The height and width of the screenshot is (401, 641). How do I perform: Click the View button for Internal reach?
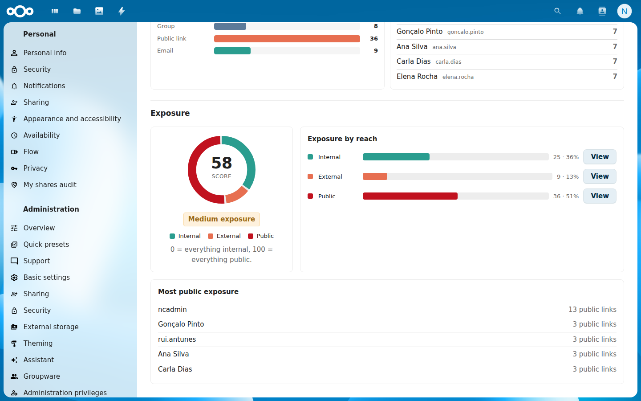click(600, 157)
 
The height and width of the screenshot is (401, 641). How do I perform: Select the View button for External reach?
click(600, 176)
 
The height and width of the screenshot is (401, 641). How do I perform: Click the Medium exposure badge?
click(222, 219)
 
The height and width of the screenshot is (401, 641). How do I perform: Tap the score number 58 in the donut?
click(222, 163)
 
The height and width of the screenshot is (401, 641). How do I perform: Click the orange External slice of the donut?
click(237, 194)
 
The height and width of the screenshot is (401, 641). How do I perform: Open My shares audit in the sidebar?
click(50, 185)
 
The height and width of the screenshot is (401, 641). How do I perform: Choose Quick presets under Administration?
click(46, 244)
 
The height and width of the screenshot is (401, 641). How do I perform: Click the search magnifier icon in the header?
click(557, 11)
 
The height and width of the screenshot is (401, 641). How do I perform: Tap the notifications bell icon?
click(580, 11)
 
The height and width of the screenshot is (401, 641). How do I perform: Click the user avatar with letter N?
click(624, 11)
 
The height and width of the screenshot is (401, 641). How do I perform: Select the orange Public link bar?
click(287, 39)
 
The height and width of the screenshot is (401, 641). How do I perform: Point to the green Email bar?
click(232, 51)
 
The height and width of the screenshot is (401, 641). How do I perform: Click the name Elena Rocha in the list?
click(417, 77)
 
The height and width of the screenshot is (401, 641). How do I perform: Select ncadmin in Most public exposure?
click(172, 309)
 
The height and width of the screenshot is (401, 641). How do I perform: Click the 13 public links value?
click(592, 309)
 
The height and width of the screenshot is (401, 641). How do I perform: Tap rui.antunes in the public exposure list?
click(177, 339)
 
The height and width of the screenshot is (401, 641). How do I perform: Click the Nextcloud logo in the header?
click(20, 11)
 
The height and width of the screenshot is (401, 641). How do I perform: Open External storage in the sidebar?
click(51, 327)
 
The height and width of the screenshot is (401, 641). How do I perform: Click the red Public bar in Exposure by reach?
click(410, 196)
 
